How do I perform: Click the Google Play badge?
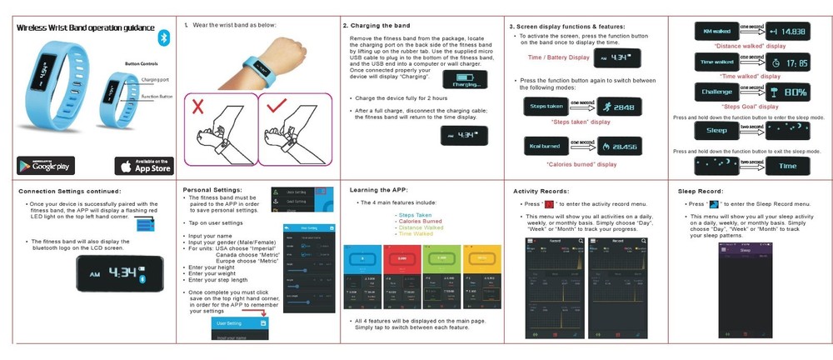click(46, 164)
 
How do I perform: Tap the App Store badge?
click(143, 165)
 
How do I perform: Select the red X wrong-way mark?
click(197, 107)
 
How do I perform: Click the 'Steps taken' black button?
click(545, 107)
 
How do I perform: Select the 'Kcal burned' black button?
click(545, 145)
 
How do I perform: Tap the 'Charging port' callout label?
click(157, 79)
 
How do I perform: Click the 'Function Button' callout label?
click(157, 97)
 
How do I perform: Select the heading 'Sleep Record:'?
click(706, 191)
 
